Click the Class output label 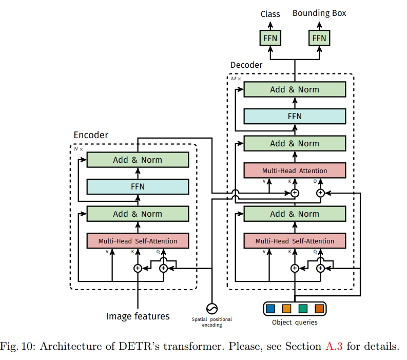click(270, 14)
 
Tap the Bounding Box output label click(319, 13)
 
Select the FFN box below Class click(270, 38)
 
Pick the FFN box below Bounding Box click(319, 38)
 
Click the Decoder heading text click(246, 65)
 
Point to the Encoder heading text click(91, 135)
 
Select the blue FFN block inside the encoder click(138, 186)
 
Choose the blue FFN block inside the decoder click(295, 116)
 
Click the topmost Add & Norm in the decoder click(295, 89)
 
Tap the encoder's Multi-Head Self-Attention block click(138, 241)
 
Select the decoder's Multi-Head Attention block click(295, 170)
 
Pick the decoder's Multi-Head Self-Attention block click(295, 241)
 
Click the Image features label click(138, 316)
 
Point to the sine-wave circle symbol click(211, 308)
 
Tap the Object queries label click(295, 323)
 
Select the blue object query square click(270, 309)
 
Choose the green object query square click(303, 309)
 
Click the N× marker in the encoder click(78, 149)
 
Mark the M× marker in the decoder click(235, 79)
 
